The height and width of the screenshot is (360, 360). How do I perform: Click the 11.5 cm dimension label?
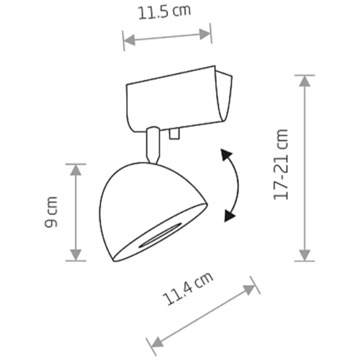(x=164, y=12)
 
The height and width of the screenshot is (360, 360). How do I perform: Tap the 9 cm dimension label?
(x=51, y=212)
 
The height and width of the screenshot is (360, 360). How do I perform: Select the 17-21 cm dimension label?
(x=281, y=164)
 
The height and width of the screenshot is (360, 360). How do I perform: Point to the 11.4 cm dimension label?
(x=188, y=289)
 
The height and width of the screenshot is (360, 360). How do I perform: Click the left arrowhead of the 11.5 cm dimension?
(x=129, y=40)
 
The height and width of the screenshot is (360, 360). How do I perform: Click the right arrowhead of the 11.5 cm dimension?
(x=205, y=34)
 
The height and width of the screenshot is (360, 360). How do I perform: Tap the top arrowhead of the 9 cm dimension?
(x=76, y=170)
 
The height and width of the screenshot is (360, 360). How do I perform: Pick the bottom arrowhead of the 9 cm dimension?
(x=76, y=255)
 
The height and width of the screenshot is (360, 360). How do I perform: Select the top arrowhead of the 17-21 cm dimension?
(x=305, y=81)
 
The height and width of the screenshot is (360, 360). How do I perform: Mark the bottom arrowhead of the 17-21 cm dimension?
(x=305, y=255)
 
